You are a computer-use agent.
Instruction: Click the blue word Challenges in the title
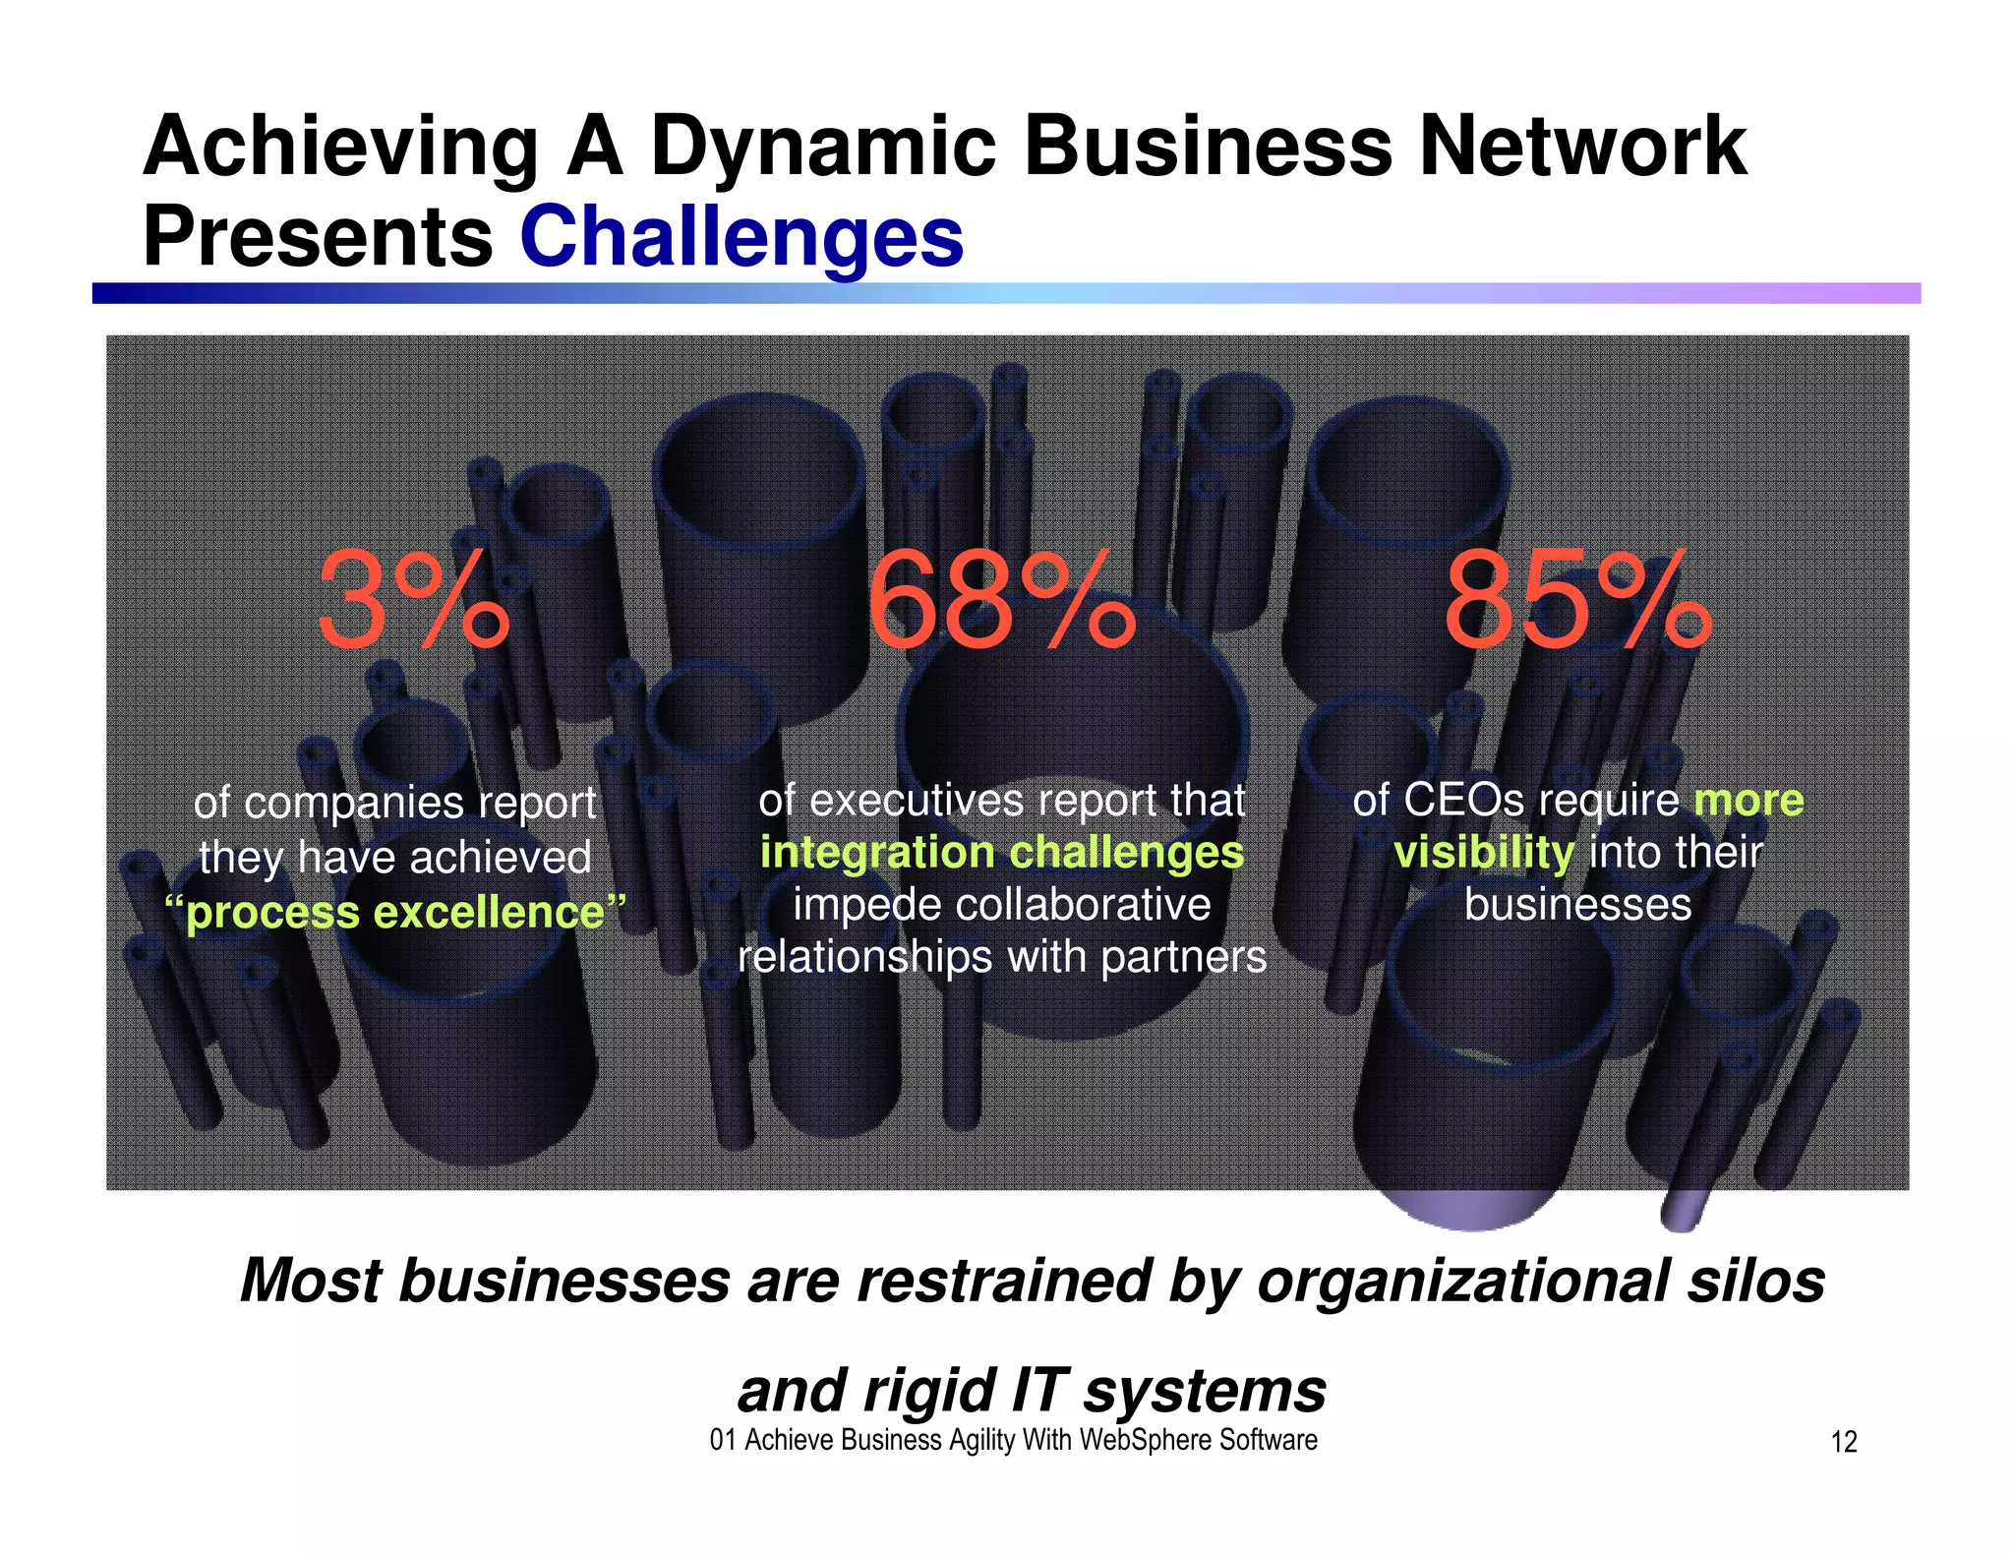(741, 238)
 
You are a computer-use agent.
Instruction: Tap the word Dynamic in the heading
(823, 147)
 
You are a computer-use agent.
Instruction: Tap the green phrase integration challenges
(1001, 853)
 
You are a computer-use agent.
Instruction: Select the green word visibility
(1483, 853)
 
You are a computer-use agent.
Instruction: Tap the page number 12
(1844, 1442)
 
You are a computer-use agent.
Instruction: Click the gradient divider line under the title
(1006, 293)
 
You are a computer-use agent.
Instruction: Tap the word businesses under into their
(1577, 905)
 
